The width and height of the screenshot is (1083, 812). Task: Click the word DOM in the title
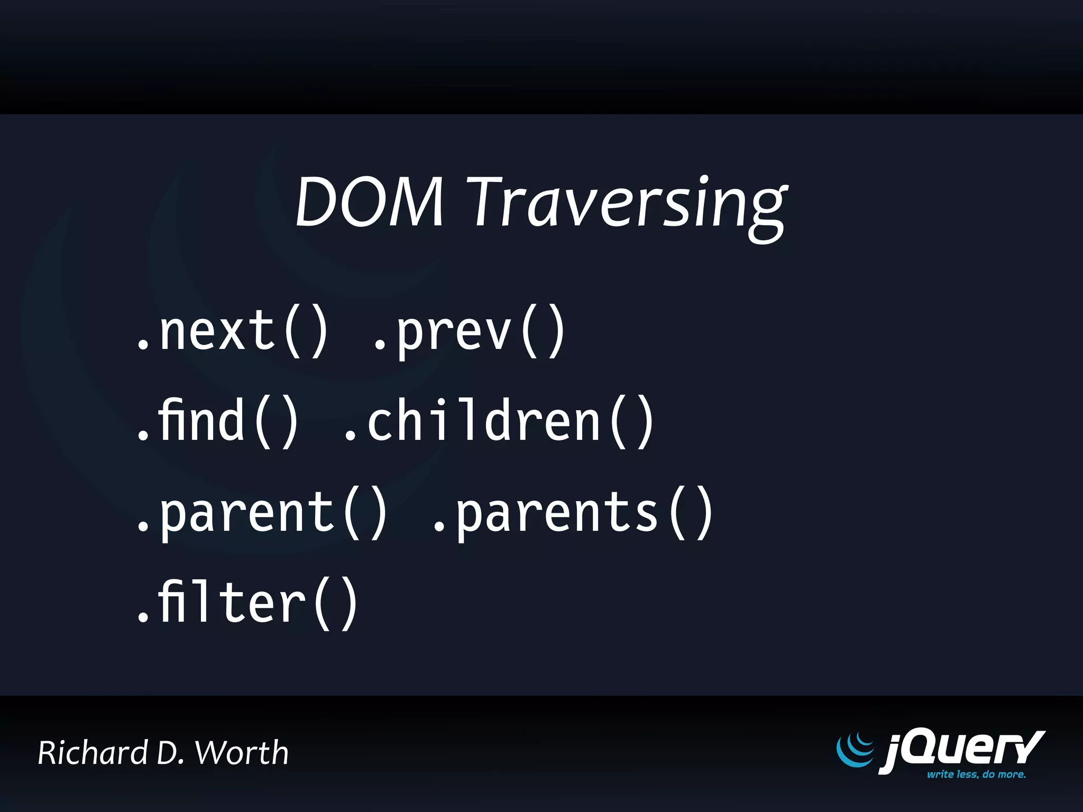coord(369,202)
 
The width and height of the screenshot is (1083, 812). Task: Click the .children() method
coord(499,421)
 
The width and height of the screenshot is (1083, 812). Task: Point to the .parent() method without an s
coord(262,512)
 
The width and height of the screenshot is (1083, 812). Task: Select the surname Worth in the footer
coord(242,753)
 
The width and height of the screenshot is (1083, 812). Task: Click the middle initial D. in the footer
coord(170,753)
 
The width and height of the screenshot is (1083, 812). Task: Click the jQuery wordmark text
coord(962,750)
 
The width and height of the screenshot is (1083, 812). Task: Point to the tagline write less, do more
coord(976,774)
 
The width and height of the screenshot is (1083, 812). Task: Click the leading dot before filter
coord(142,616)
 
